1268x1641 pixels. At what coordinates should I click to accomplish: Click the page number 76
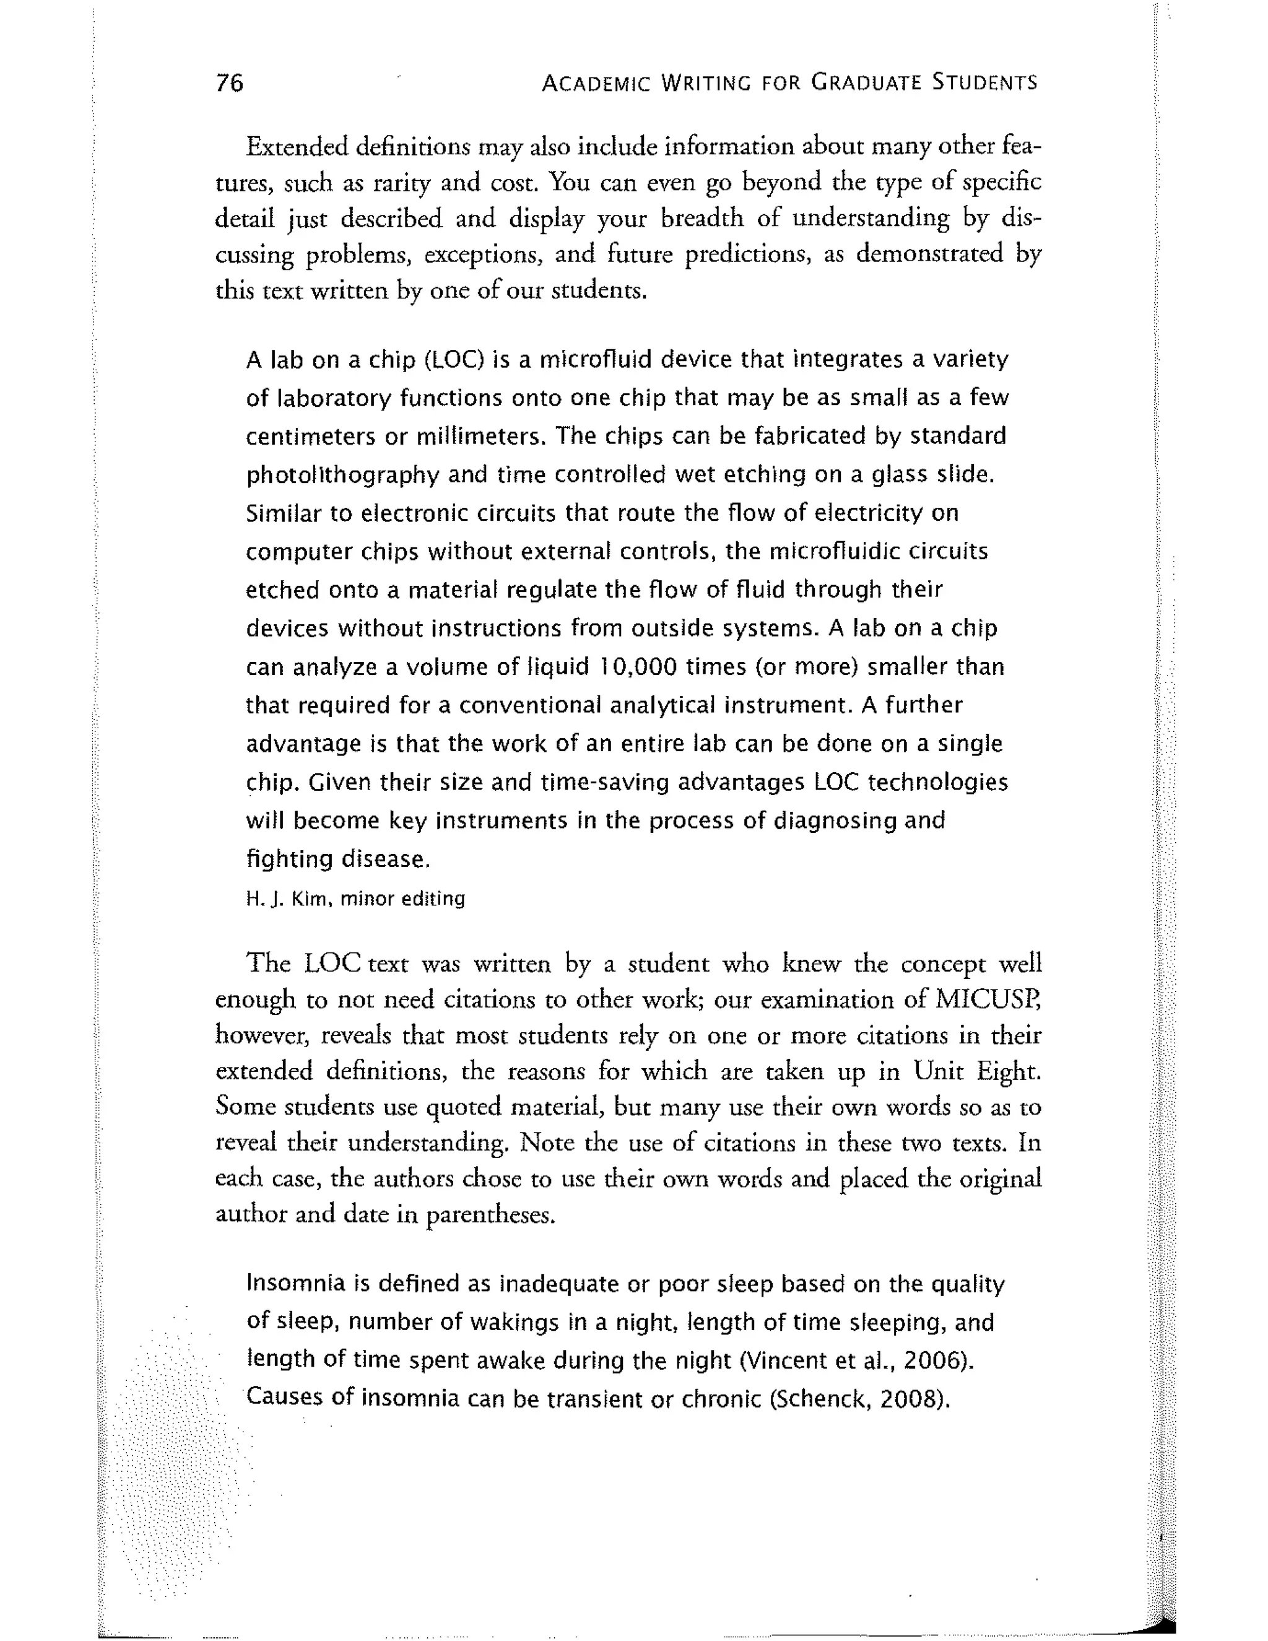click(x=229, y=82)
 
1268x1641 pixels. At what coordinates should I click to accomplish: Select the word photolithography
click(x=342, y=476)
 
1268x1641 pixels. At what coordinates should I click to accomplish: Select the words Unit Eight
click(x=976, y=1071)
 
